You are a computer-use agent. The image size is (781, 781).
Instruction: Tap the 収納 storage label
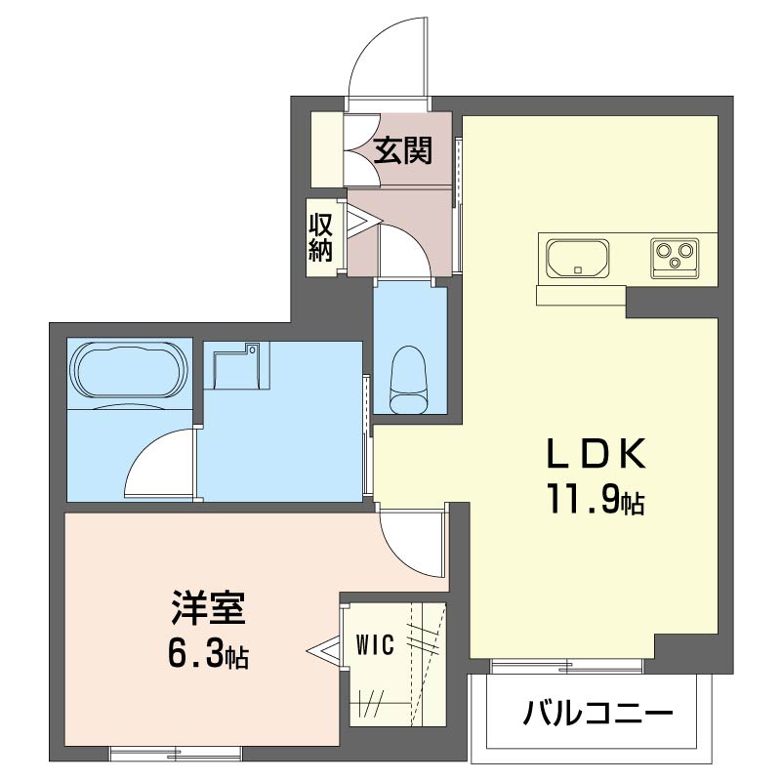coord(322,236)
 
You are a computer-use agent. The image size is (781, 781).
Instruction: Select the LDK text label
coord(595,455)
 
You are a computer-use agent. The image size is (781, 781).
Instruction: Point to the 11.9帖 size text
coord(595,501)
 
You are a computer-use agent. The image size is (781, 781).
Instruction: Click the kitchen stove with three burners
coord(674,258)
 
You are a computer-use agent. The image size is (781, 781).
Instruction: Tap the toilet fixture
coord(409,382)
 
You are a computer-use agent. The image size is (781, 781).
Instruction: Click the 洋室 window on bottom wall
coord(175,752)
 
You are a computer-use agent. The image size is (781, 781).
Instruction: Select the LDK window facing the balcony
coord(566,666)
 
